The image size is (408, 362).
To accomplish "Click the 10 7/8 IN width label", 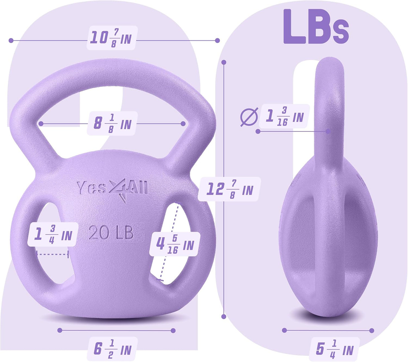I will (x=112, y=38).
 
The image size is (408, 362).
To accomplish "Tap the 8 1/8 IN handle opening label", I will (x=112, y=124).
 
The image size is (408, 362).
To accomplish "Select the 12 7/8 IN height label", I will (x=229, y=189).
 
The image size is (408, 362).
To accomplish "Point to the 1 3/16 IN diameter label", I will (x=285, y=116).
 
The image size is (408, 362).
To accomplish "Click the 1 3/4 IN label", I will (x=53, y=235).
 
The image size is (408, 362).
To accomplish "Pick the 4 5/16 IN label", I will (x=175, y=244).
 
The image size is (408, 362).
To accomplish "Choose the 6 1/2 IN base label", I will (x=112, y=349).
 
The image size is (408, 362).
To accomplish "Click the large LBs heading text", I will (x=316, y=27).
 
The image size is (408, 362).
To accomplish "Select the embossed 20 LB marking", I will (x=111, y=233).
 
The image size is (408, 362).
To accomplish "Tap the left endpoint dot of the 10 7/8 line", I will (x=11, y=40).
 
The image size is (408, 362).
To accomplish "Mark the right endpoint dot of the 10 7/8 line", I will (x=217, y=40).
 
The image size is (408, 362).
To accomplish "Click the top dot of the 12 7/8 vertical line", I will (x=224, y=62).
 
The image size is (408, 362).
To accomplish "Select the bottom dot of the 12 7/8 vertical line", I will (x=224, y=316).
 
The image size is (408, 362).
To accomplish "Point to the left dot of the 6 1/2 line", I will (x=60, y=330).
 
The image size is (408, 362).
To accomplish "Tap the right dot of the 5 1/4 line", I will (x=372, y=331).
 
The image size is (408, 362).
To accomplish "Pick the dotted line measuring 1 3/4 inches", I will (x=53, y=254).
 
